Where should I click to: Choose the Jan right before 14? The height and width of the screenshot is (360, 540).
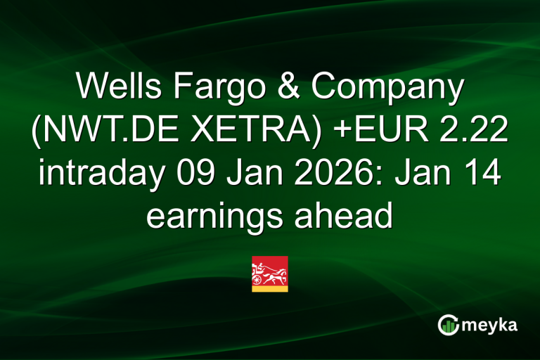(x=430, y=174)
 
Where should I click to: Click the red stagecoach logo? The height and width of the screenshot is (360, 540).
(x=269, y=269)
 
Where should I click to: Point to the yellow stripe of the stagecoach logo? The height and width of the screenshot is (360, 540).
(x=269, y=287)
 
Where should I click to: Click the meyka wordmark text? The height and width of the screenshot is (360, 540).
(x=493, y=324)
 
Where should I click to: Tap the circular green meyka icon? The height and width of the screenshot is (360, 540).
(x=448, y=324)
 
